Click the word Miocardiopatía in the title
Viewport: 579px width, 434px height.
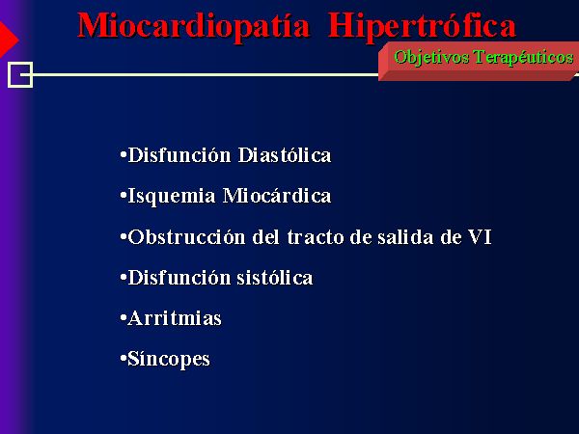pyautogui.click(x=194, y=27)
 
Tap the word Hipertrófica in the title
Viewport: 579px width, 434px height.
pyautogui.click(x=422, y=27)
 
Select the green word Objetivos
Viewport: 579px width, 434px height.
pyautogui.click(x=431, y=58)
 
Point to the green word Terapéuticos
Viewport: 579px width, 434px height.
pyautogui.click(x=524, y=58)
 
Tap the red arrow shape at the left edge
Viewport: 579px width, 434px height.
pyautogui.click(x=8, y=40)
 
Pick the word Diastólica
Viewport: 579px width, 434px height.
pyautogui.click(x=285, y=155)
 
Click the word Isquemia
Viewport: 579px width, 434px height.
pyautogui.click(x=172, y=197)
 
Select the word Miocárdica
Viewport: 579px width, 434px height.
pyautogui.click(x=277, y=196)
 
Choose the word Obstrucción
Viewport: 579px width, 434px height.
pyautogui.click(x=186, y=237)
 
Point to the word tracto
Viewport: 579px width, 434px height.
pyautogui.click(x=316, y=237)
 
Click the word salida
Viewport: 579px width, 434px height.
pyautogui.click(x=405, y=237)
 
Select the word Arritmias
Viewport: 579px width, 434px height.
pyautogui.click(x=175, y=318)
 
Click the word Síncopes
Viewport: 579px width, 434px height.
pyautogui.click(x=169, y=360)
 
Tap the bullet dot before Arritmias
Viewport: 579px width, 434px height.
pyautogui.click(x=124, y=318)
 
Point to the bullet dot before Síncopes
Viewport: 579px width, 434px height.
pyautogui.click(x=124, y=359)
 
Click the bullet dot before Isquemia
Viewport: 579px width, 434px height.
pyautogui.click(x=124, y=195)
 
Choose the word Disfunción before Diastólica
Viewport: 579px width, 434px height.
pyautogui.click(x=179, y=155)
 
